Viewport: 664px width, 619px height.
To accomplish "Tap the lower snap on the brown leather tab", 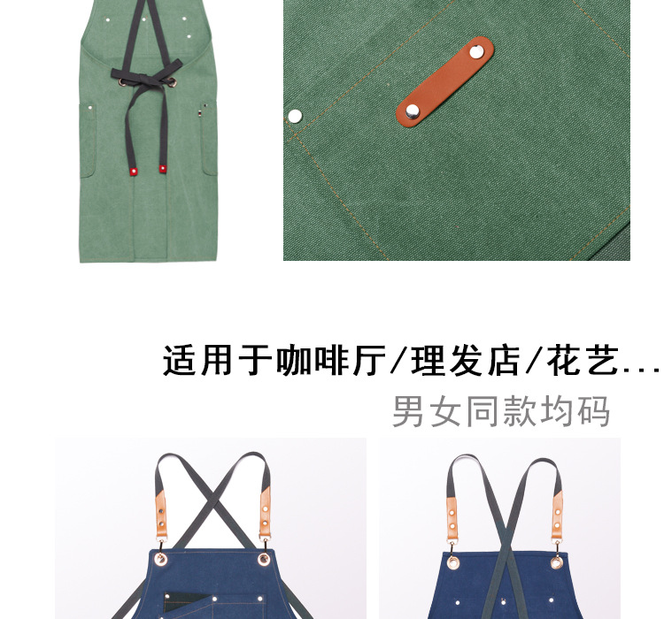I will tap(413, 111).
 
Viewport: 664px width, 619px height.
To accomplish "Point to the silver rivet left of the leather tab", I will tap(295, 115).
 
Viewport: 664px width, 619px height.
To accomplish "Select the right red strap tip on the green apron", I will tap(163, 166).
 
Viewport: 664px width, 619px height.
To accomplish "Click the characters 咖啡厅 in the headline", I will tap(328, 361).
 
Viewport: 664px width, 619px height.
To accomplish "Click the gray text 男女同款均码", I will tap(501, 411).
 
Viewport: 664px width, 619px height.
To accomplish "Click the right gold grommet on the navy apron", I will tap(557, 559).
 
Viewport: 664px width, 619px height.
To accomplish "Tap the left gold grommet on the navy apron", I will tap(452, 561).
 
